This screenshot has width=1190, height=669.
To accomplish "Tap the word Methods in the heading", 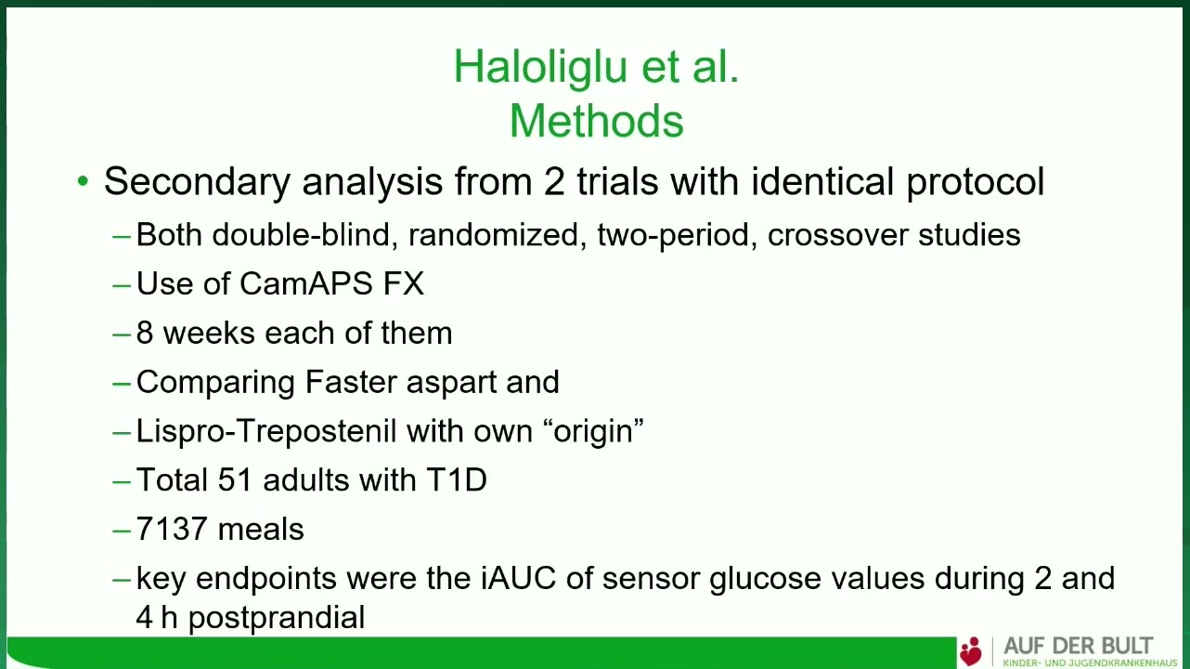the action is (596, 120).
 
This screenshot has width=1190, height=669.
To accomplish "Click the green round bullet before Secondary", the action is (83, 181).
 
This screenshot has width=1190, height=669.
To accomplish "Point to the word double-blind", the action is (305, 234).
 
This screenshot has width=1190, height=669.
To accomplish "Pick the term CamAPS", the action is (305, 283).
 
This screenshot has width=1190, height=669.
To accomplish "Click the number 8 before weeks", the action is (145, 333).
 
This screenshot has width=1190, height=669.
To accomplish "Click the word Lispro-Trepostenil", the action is (266, 431).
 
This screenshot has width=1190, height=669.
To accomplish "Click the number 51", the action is (235, 479).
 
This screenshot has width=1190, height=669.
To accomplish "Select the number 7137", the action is (172, 529).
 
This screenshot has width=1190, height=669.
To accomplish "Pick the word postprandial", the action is (277, 618).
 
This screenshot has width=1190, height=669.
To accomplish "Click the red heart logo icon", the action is (971, 651).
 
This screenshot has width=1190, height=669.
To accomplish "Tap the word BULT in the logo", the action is (1127, 646).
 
